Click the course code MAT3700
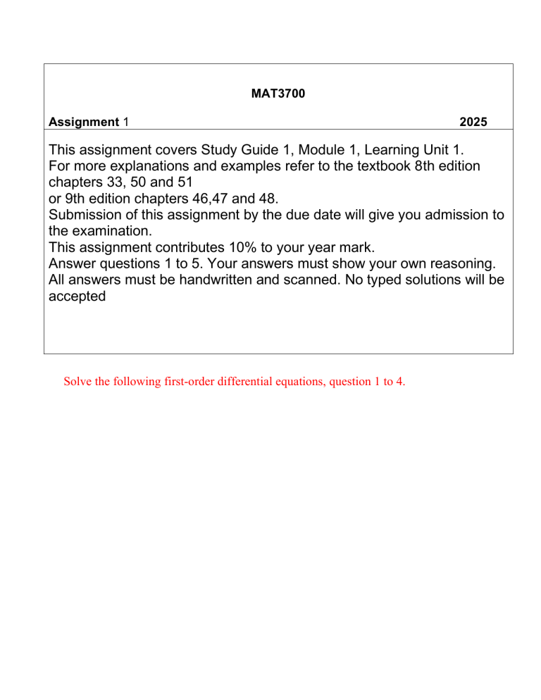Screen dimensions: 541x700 click(278, 94)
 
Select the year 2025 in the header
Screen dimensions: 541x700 click(472, 123)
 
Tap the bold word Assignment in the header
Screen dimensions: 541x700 click(84, 123)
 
